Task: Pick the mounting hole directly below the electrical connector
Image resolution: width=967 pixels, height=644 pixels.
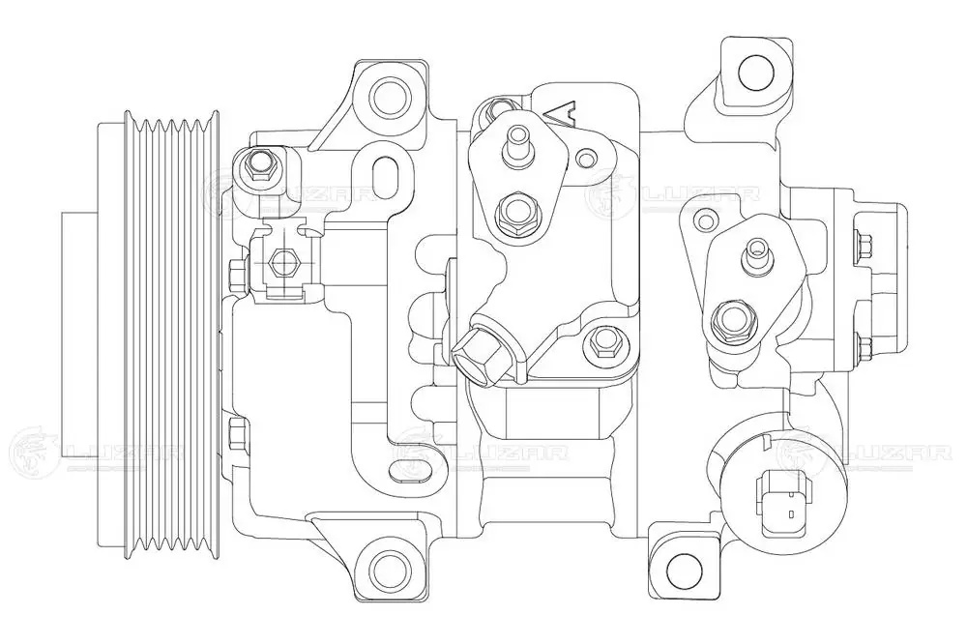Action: [684, 566]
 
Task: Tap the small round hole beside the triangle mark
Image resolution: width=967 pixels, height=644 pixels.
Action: [586, 157]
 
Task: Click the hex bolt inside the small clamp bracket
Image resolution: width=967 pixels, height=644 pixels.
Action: [282, 260]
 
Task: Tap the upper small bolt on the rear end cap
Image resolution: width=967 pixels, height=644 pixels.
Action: [863, 242]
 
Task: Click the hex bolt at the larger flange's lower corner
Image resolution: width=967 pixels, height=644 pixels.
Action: [605, 338]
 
